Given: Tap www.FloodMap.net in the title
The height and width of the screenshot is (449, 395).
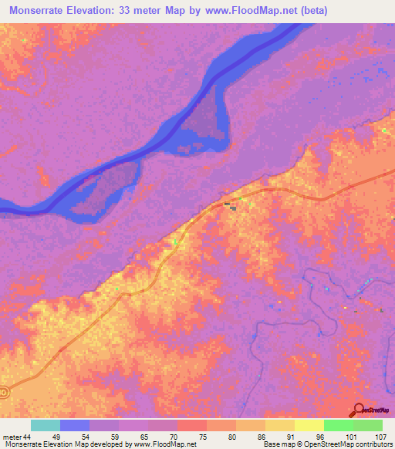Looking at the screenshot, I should point(247,11).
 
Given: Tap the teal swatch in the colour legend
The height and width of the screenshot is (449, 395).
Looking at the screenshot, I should point(46,425).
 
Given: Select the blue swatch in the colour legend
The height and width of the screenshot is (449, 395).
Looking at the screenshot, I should point(75,425).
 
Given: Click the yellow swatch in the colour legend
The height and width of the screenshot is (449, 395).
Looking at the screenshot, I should point(309,425).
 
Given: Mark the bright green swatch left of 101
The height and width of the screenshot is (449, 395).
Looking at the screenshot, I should point(339,425).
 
